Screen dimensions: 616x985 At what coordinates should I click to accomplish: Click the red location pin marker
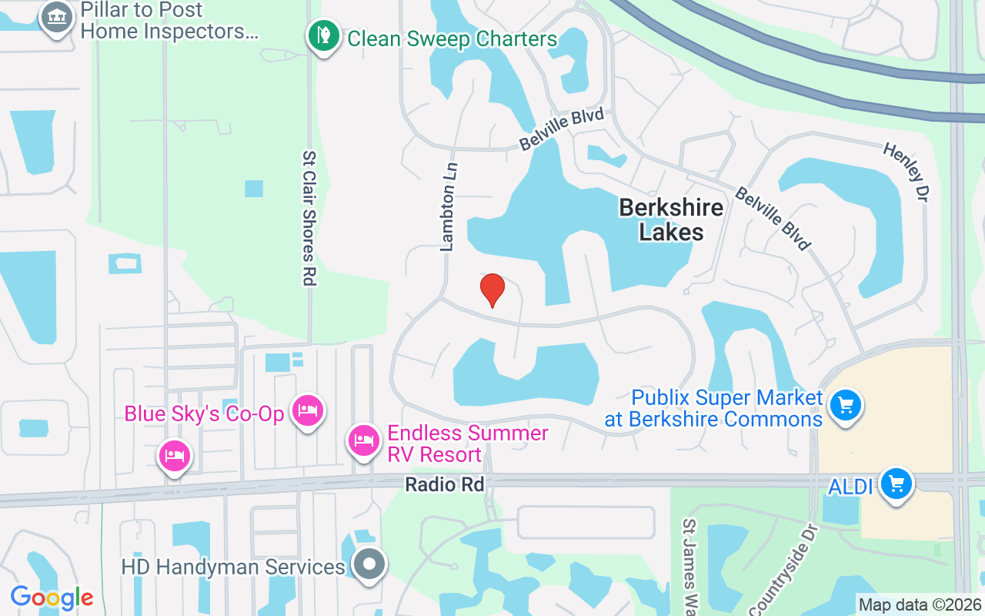[492, 290]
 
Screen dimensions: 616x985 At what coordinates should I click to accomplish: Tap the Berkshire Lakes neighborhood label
[671, 219]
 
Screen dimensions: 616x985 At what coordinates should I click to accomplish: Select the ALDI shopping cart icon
[896, 484]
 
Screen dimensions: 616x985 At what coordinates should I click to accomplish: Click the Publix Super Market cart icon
[845, 405]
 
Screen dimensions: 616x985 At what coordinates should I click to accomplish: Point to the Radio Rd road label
[445, 484]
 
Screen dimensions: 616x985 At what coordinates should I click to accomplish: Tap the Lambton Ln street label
[449, 206]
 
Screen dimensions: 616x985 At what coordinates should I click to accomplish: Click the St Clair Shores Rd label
[309, 218]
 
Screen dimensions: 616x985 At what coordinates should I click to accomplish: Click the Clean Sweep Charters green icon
[324, 36]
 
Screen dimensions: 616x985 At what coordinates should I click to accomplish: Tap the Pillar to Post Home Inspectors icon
[56, 18]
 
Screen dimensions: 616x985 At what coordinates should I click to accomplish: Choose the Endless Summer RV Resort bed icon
[362, 441]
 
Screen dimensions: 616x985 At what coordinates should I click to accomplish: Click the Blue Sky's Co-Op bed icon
[308, 411]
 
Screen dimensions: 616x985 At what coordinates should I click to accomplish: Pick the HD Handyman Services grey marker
[369, 564]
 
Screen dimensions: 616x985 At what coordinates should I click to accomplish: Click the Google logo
[52, 597]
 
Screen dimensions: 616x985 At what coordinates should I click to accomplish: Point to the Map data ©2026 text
[920, 604]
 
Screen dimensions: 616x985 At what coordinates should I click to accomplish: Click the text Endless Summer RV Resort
[467, 444]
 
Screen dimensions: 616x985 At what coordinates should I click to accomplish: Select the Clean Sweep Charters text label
[452, 38]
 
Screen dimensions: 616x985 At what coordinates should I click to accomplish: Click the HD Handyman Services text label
[233, 567]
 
